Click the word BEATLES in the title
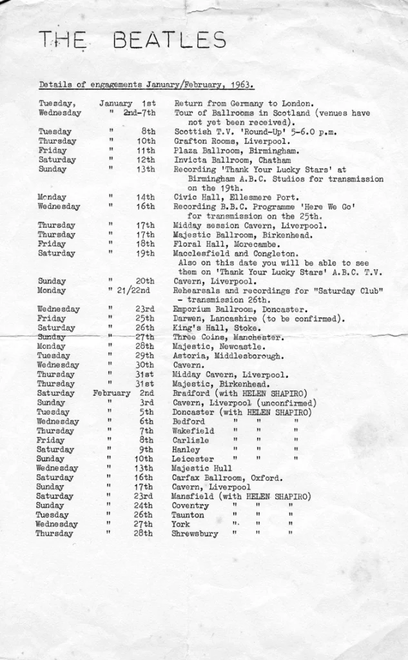[x=170, y=41]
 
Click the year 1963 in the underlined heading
[x=241, y=84]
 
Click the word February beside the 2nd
[x=112, y=393]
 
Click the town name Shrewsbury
[x=195, y=534]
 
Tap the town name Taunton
[x=188, y=515]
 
